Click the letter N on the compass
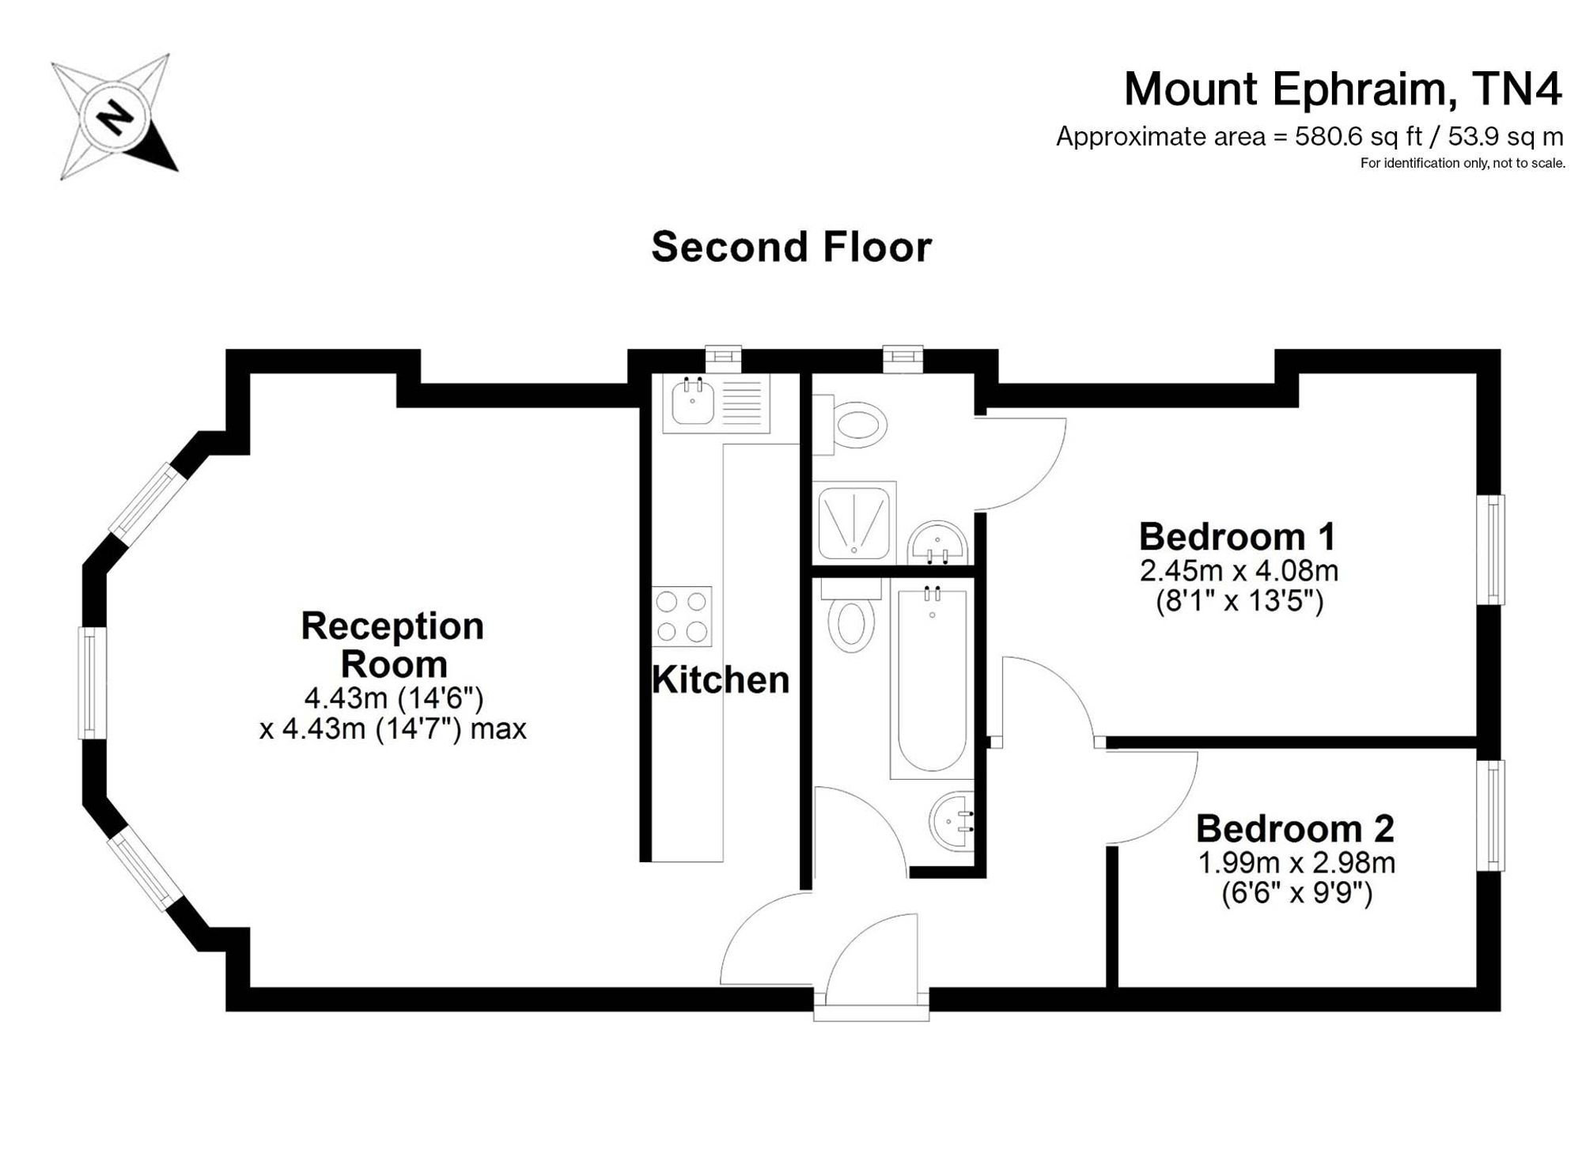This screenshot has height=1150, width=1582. (x=115, y=119)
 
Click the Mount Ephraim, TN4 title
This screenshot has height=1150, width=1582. (x=1343, y=89)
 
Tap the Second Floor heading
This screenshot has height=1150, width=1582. (x=791, y=247)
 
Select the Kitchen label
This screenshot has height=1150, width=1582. (x=721, y=680)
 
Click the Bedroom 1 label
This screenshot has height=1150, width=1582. (x=1237, y=537)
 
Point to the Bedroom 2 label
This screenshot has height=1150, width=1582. (x=1295, y=829)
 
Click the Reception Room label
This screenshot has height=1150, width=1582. (x=393, y=645)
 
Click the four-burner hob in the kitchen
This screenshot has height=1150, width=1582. (x=682, y=616)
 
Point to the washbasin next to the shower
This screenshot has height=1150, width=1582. (x=937, y=544)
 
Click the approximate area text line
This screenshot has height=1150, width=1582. (x=1310, y=137)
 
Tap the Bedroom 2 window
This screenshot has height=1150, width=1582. (x=1491, y=815)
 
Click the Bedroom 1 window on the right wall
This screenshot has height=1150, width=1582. (x=1491, y=550)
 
